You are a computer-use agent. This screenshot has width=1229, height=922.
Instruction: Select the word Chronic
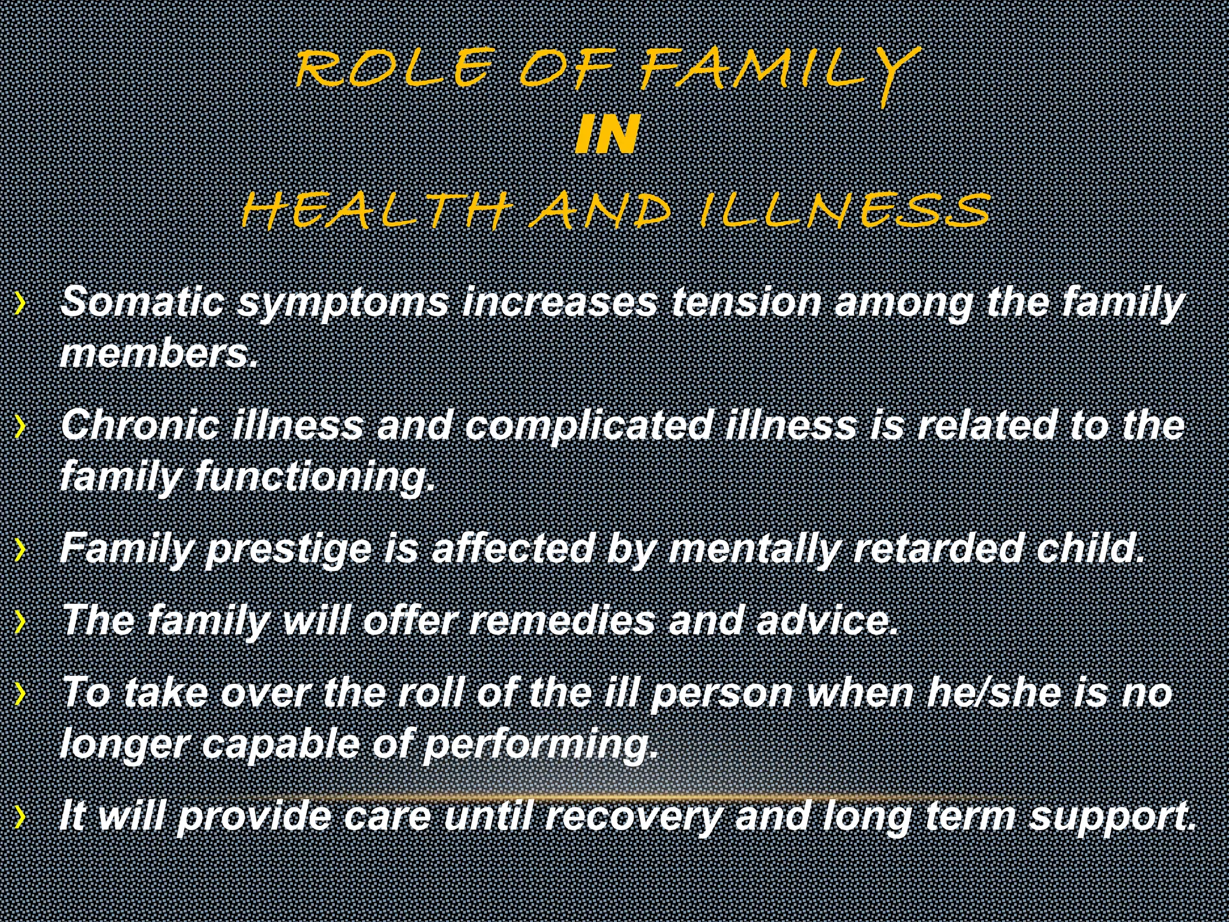pos(139,424)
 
